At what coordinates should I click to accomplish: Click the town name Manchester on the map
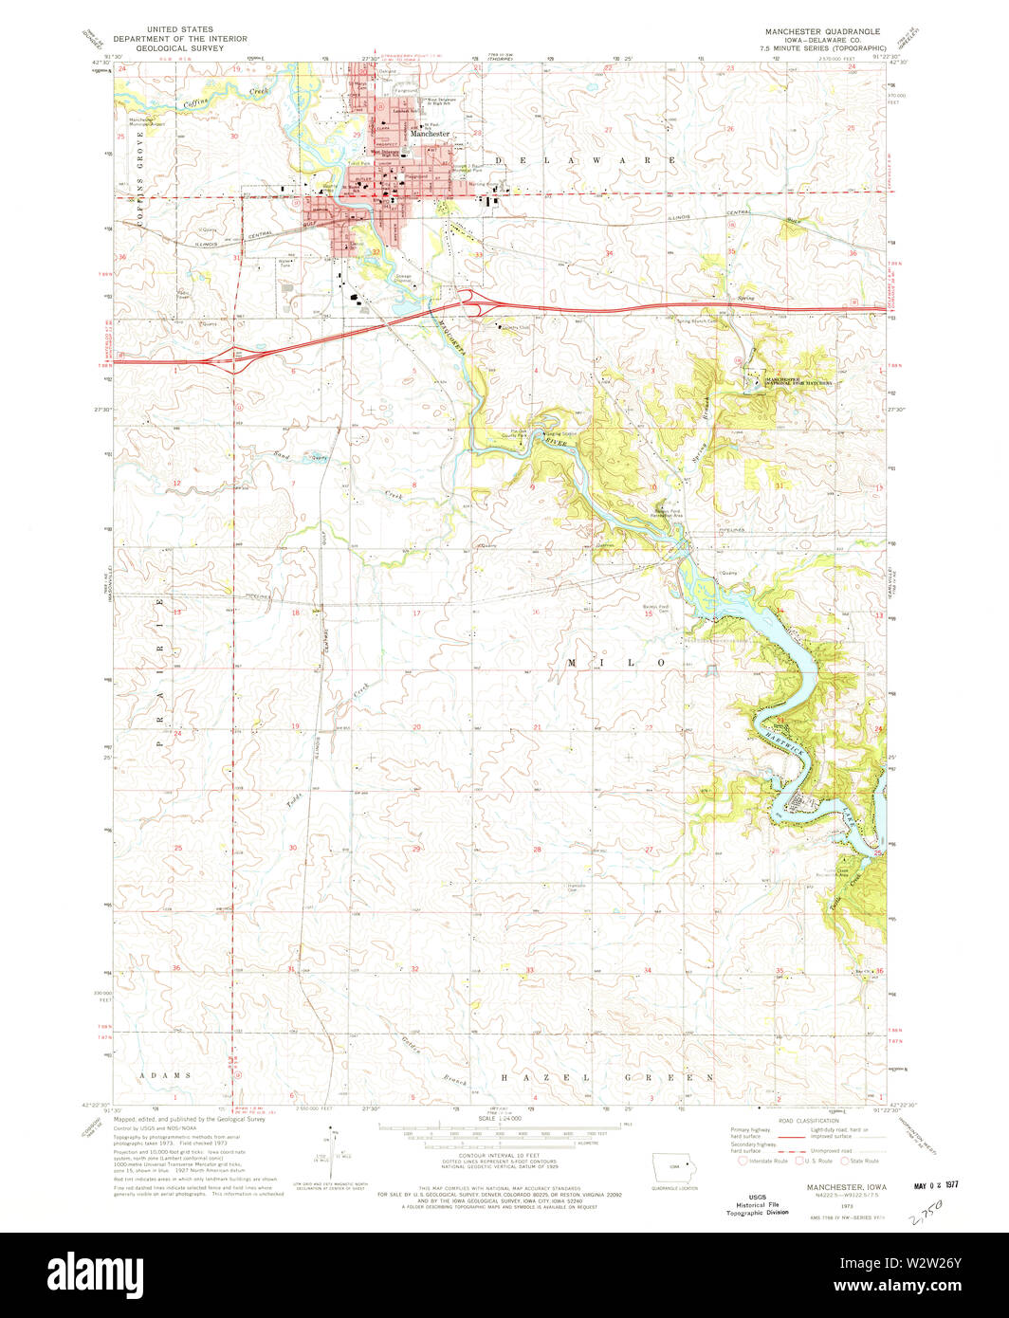coord(430,134)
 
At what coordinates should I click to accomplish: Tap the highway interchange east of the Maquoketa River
coord(469,302)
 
